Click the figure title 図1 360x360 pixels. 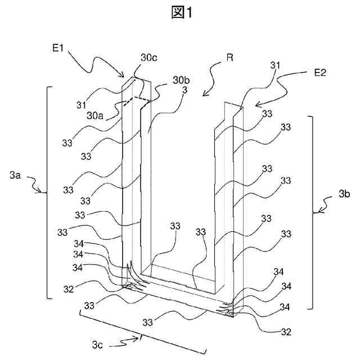(x=182, y=12)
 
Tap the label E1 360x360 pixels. (x=57, y=48)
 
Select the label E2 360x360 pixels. (x=320, y=73)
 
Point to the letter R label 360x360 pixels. (x=230, y=57)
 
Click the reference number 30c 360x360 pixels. (x=149, y=57)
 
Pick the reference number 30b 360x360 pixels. (x=181, y=80)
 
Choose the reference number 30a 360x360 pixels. (x=95, y=116)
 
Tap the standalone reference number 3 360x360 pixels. (x=184, y=90)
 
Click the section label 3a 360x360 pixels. (x=15, y=175)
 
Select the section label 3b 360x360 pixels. (x=344, y=194)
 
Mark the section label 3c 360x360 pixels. (x=97, y=345)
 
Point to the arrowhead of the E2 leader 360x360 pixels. (x=258, y=105)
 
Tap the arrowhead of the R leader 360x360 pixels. (x=204, y=94)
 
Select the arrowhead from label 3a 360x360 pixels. (x=39, y=191)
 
